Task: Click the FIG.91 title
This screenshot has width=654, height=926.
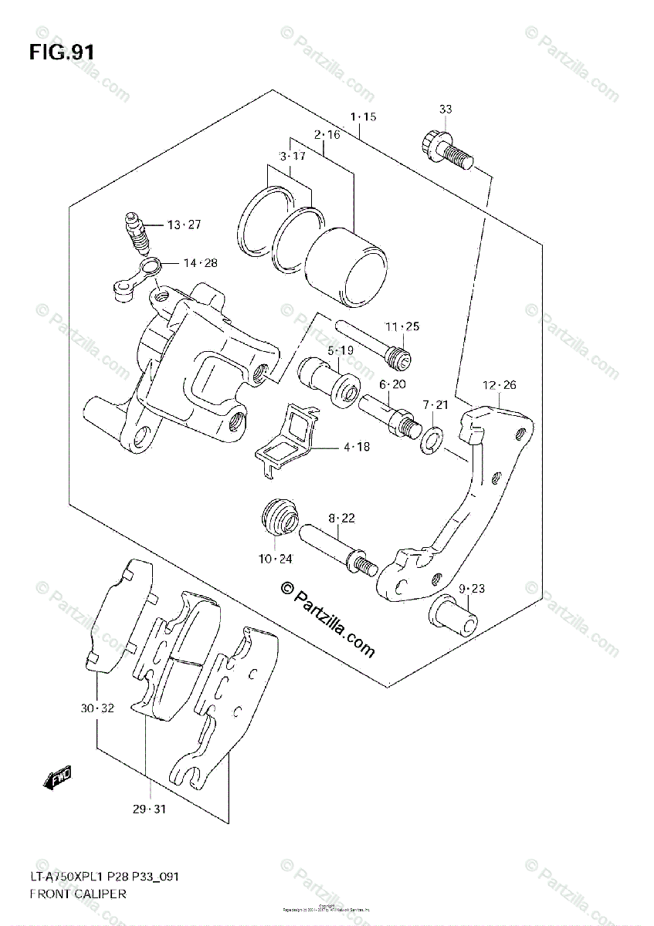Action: (x=63, y=52)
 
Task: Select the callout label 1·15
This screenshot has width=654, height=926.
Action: (x=362, y=117)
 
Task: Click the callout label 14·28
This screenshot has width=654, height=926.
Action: (x=200, y=263)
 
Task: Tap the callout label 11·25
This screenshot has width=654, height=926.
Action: (x=402, y=326)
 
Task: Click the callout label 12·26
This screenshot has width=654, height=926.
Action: (x=500, y=385)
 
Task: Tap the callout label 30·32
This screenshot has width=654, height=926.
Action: (x=97, y=708)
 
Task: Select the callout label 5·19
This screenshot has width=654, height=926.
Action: (x=340, y=350)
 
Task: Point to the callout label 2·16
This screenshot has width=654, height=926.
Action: (x=327, y=134)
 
